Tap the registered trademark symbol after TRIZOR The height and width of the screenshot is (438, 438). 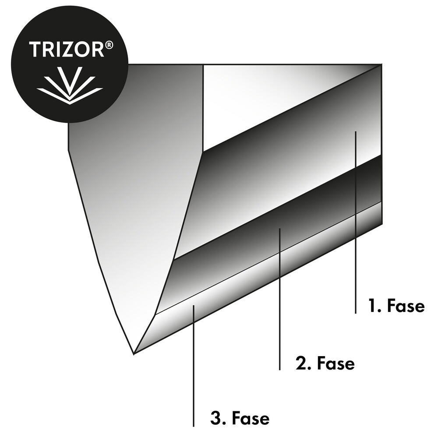[110, 45]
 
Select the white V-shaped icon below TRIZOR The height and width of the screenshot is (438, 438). [70, 85]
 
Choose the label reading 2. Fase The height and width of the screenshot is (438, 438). [325, 364]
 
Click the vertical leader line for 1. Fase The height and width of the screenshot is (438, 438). [355, 223]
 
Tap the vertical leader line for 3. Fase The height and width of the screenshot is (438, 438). [193, 366]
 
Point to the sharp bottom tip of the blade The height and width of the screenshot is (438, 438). [134, 354]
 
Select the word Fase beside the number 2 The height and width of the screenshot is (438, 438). [336, 364]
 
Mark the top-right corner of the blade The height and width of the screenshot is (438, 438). [381, 64]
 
